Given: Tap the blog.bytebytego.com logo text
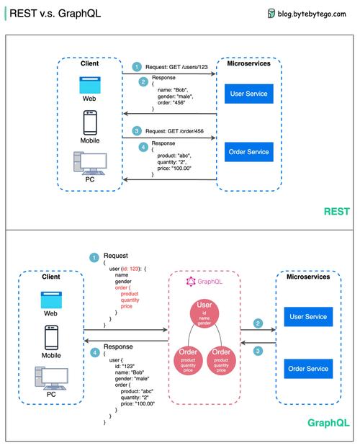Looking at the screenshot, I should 314,13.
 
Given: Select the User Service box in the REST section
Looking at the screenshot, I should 248,94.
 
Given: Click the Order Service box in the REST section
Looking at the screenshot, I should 248,152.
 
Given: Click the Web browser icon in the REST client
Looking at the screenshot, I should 90,84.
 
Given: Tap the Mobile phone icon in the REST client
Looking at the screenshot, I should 90,122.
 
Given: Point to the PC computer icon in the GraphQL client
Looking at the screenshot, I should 51,378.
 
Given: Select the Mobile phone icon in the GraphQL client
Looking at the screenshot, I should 51,337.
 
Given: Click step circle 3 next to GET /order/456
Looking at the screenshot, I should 137,131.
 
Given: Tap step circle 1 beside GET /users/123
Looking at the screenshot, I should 137,66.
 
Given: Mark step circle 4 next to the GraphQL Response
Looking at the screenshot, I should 94,352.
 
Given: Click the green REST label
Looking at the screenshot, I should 336,212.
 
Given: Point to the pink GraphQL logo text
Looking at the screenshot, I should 205,281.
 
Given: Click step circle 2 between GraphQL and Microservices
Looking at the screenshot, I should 258,324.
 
